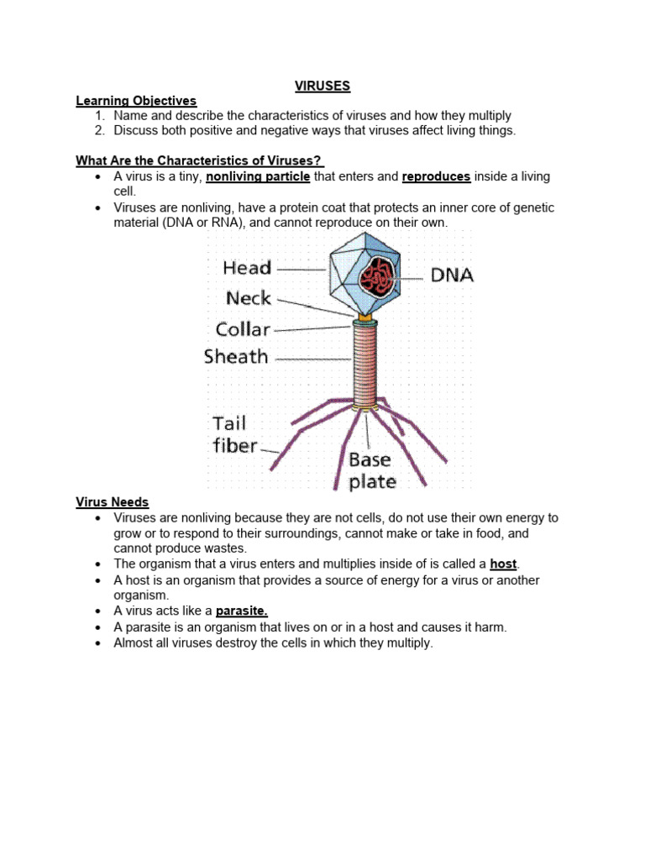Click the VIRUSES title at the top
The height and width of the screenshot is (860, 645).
[322, 86]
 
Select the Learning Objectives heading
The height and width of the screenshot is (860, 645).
[136, 101]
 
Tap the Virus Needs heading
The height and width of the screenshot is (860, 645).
[113, 502]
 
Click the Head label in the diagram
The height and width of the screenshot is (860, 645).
[247, 268]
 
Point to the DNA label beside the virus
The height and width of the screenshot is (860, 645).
[452, 275]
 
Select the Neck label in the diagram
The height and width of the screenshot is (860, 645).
[249, 298]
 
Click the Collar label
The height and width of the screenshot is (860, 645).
[244, 328]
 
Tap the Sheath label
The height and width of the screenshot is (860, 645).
[236, 356]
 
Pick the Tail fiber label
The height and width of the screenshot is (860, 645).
[234, 434]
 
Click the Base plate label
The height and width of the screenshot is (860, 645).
[372, 470]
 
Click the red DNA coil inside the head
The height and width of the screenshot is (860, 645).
[376, 275]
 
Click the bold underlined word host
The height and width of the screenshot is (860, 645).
[503, 564]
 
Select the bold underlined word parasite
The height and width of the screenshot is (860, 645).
[246, 611]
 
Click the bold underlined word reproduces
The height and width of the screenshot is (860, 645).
[436, 176]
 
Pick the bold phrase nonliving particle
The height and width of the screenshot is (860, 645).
[258, 176]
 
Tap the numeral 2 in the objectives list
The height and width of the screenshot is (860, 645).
[98, 131]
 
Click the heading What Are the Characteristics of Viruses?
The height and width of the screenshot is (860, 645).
[200, 160]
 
